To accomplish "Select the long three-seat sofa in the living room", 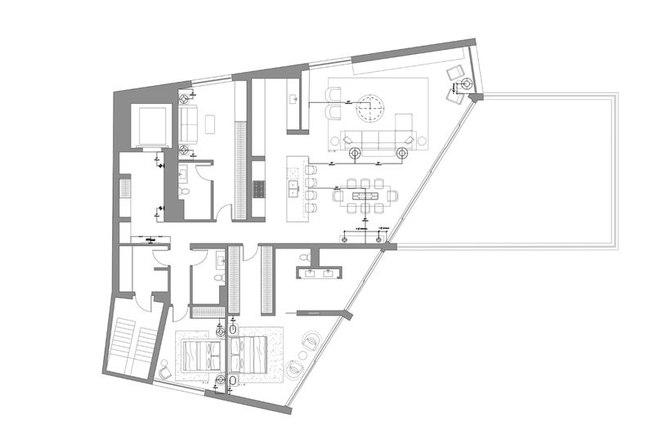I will pyautogui.click(x=379, y=141).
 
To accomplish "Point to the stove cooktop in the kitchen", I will pyautogui.click(x=258, y=190).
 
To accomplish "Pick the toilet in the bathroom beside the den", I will pyautogui.click(x=185, y=190).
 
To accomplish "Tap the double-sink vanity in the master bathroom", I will pyautogui.click(x=317, y=273).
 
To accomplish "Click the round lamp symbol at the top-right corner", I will pyautogui.click(x=465, y=84).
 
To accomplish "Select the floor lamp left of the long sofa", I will pyautogui.click(x=354, y=153).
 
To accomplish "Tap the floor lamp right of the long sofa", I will pyautogui.click(x=402, y=152).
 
